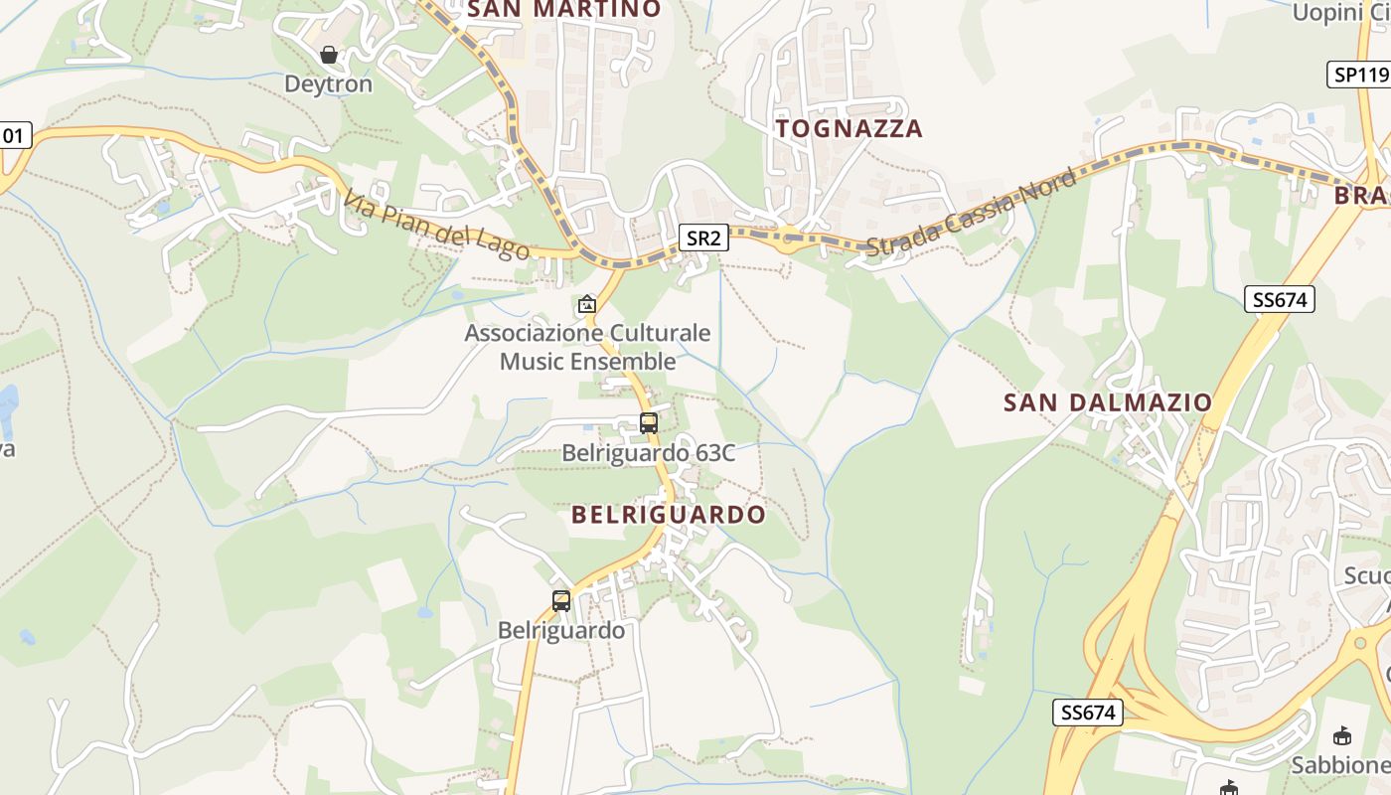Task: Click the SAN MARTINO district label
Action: (x=563, y=10)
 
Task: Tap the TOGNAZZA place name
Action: (x=850, y=128)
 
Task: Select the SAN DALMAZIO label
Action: (x=1108, y=402)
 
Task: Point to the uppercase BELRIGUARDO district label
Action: (x=669, y=515)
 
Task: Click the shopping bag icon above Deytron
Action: (x=329, y=55)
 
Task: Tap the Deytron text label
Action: (x=329, y=84)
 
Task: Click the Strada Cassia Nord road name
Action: (x=970, y=213)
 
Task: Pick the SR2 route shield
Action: (x=704, y=238)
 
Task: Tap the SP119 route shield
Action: (x=1359, y=75)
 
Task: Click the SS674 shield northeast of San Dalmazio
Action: (x=1279, y=299)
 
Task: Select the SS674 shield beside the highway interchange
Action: (x=1087, y=713)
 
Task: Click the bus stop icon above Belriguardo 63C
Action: (x=649, y=423)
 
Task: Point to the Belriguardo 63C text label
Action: (x=649, y=453)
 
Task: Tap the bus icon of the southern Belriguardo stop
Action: (x=561, y=601)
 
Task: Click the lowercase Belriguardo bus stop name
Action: (x=561, y=631)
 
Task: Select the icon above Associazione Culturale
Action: (x=587, y=304)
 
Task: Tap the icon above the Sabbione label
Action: (x=1342, y=735)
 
